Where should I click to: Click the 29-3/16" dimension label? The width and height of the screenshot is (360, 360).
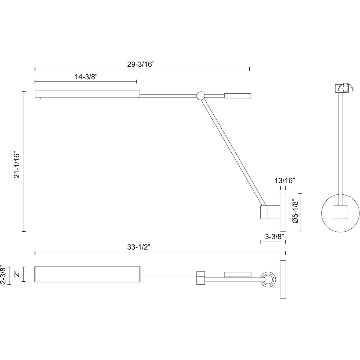pyautogui.click(x=141, y=64)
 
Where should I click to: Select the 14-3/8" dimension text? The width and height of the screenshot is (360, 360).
pyautogui.click(x=86, y=77)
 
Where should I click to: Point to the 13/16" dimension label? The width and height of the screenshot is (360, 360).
pyautogui.click(x=285, y=181)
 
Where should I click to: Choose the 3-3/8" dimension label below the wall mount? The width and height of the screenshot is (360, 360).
pyautogui.click(x=274, y=237)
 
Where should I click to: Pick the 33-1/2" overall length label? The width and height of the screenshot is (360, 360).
pyautogui.click(x=139, y=247)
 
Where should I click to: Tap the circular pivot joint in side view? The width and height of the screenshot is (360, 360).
pyautogui.click(x=200, y=96)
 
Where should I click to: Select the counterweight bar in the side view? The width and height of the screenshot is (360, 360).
pyautogui.click(x=238, y=96)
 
